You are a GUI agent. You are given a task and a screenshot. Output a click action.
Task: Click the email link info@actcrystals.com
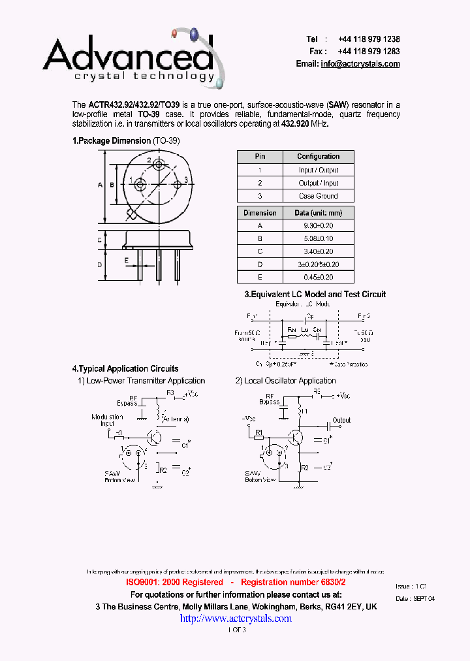(360, 64)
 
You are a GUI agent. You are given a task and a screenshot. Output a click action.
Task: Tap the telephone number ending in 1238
(369, 39)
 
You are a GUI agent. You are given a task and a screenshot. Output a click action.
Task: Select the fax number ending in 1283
(369, 51)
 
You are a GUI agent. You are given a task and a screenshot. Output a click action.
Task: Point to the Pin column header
(260, 157)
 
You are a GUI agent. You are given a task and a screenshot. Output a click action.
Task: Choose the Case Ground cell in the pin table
(318, 196)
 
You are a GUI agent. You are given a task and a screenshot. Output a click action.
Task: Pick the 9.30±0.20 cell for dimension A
(318, 225)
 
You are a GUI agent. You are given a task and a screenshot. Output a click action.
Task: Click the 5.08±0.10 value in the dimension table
(318, 238)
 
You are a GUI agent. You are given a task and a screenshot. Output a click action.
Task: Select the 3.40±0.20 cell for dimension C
(318, 251)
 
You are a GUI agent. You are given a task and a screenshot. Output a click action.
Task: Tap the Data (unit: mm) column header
(318, 213)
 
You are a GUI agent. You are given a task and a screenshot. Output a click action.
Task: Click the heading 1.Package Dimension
(112, 141)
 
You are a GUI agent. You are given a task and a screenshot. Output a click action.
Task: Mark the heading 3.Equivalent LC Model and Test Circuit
(315, 295)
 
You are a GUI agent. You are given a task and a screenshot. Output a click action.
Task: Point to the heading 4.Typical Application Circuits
(125, 369)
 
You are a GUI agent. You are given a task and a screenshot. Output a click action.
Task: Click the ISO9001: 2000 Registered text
(174, 582)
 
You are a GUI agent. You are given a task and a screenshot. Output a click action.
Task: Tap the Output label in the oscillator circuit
(341, 421)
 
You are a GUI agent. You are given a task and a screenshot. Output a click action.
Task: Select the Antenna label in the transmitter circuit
(175, 419)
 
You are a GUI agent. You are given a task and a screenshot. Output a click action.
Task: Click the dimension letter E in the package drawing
(126, 259)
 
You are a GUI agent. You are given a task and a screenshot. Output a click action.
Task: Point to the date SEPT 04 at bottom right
(424, 598)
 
